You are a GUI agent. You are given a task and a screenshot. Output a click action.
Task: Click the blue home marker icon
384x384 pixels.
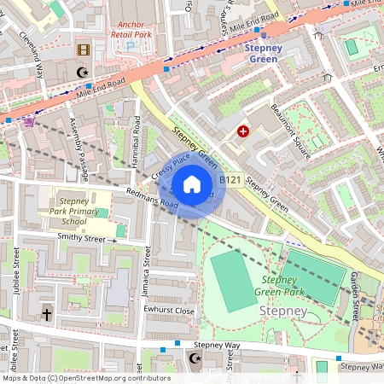click(x=192, y=183)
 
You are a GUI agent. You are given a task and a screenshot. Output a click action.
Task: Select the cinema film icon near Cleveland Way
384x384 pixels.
click(x=83, y=51)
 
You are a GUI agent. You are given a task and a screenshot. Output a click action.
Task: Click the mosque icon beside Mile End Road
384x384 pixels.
click(x=83, y=73)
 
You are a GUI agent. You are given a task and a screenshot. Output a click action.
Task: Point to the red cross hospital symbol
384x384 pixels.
click(x=243, y=131)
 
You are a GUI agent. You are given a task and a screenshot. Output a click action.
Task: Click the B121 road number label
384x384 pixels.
click(x=231, y=180)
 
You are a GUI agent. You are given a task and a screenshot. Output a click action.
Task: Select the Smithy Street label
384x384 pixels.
click(x=85, y=239)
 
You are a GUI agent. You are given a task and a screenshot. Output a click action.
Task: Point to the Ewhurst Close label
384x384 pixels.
click(x=170, y=311)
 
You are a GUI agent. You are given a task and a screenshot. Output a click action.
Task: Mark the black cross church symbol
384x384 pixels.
click(x=46, y=315)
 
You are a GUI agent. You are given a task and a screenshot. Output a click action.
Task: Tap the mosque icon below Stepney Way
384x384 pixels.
click(x=196, y=359)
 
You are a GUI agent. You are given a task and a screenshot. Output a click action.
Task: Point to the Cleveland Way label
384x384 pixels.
click(x=32, y=54)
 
